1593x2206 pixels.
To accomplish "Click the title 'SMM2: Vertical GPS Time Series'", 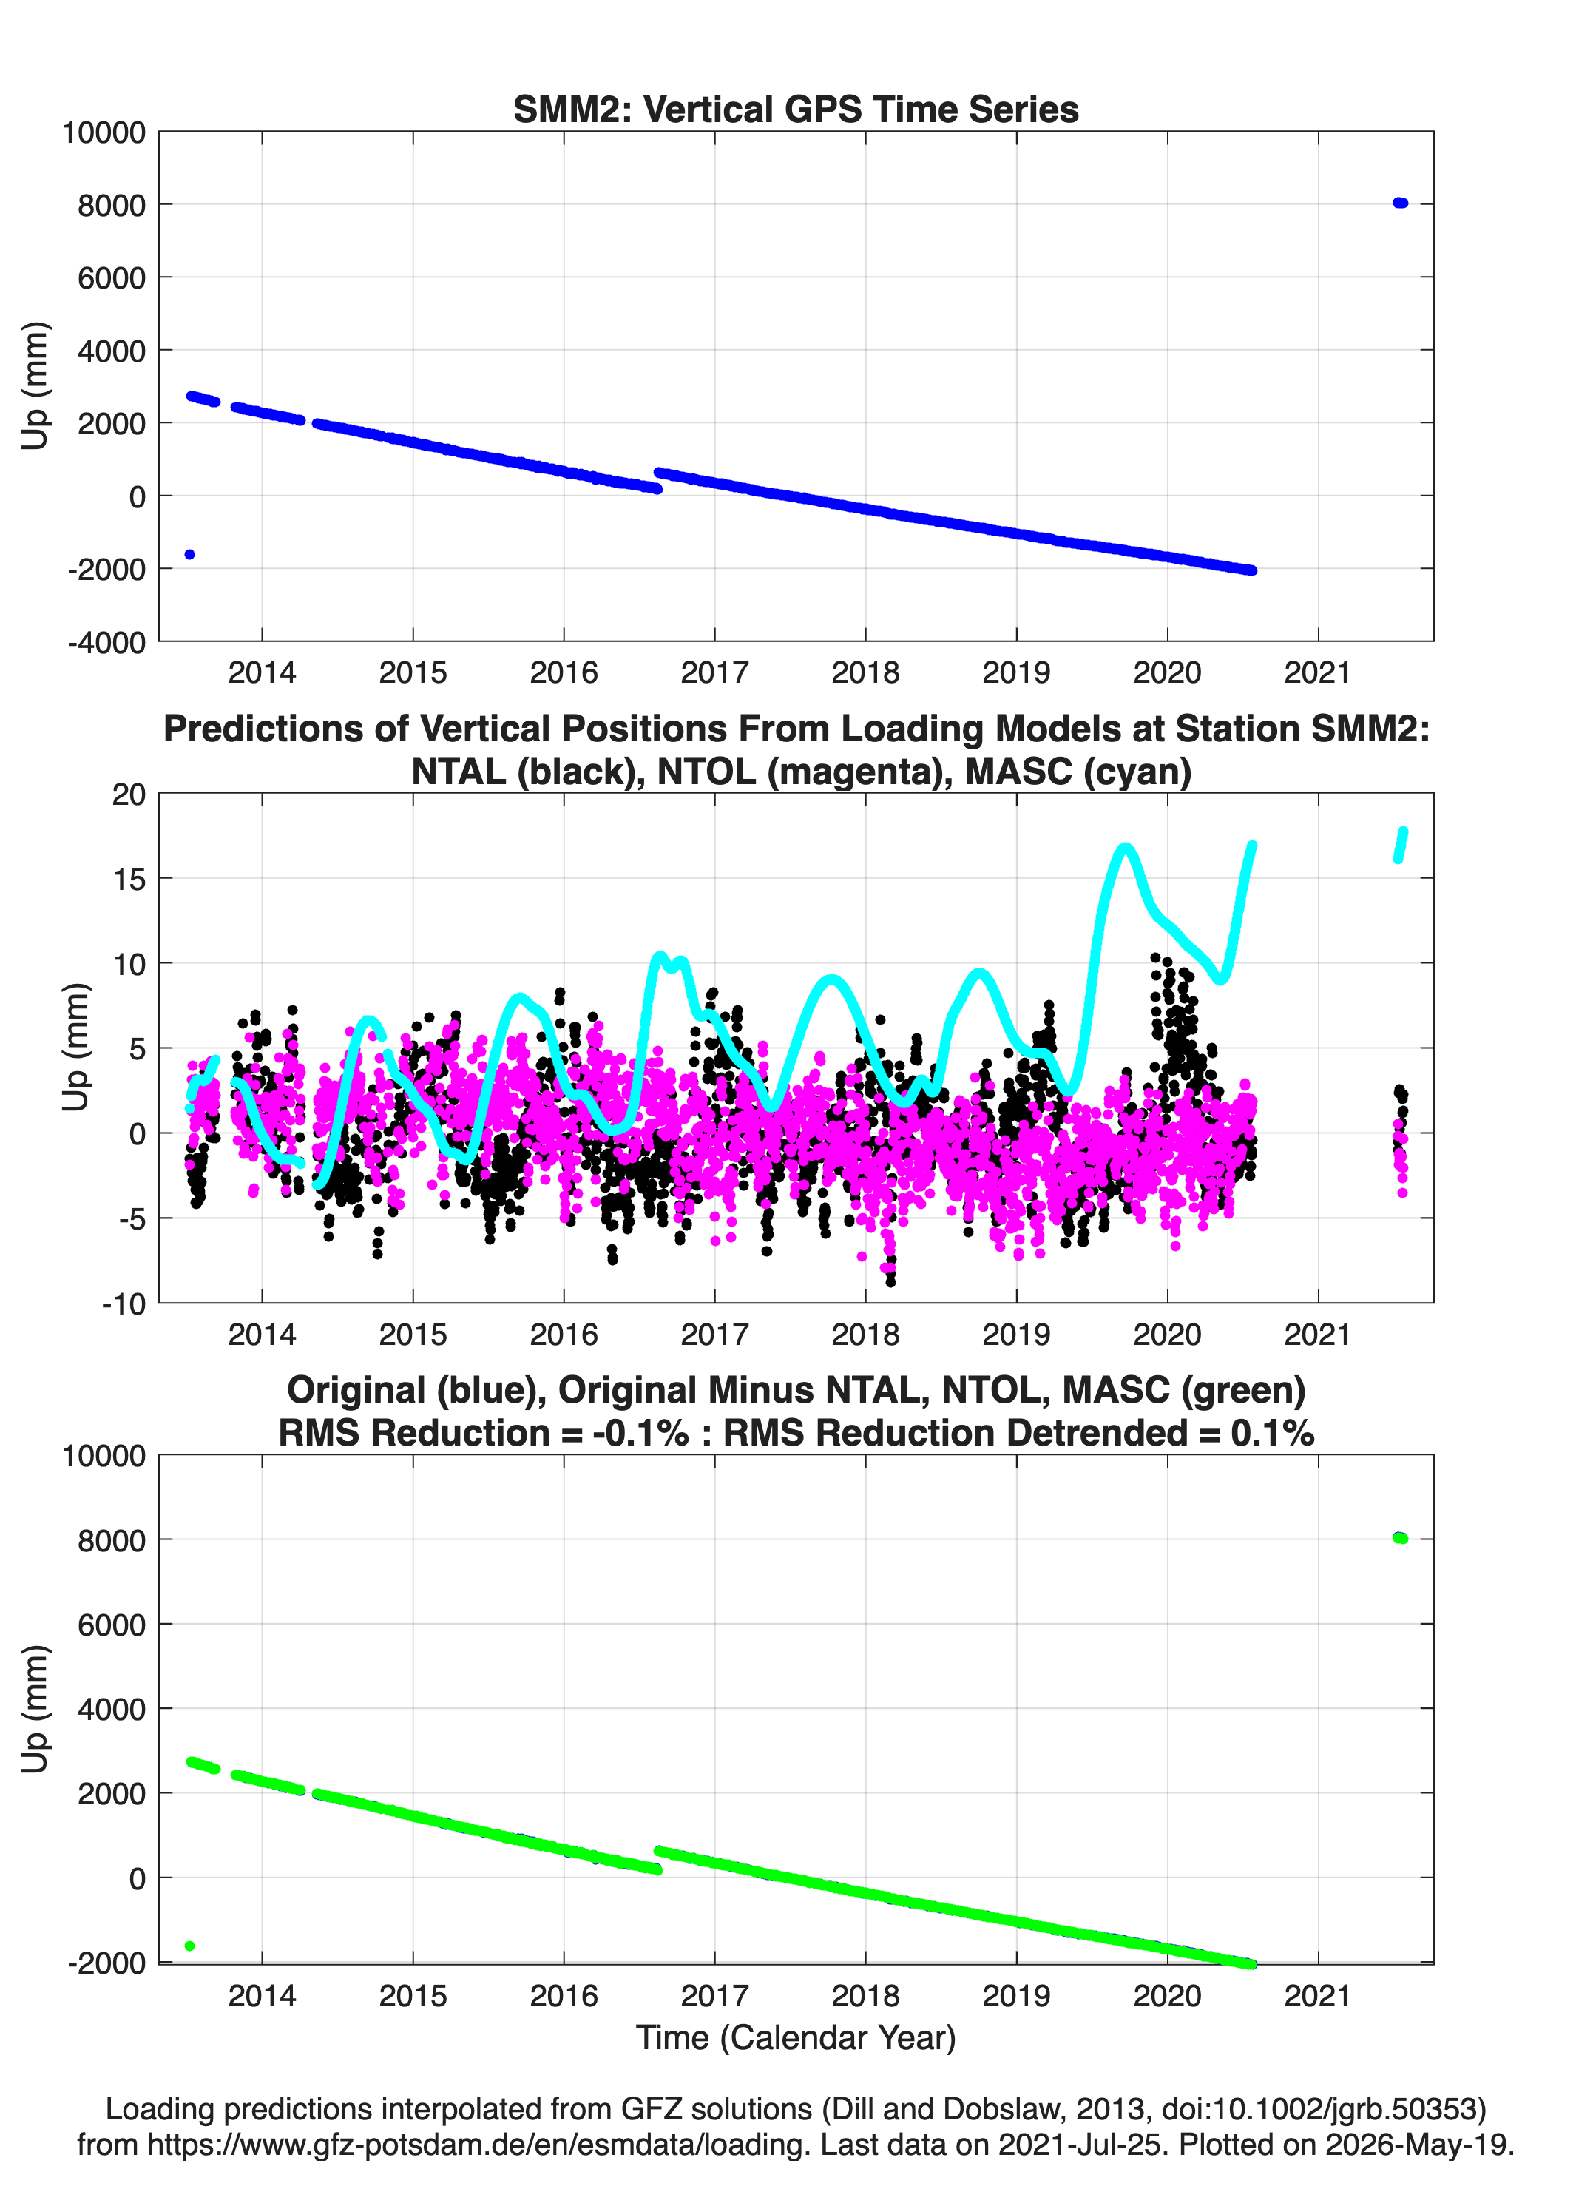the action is (796, 109).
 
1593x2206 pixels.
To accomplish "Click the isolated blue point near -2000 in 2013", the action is (189, 554).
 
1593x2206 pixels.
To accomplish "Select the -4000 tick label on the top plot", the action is (107, 642).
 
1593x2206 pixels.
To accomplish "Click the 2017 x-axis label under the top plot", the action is (715, 672).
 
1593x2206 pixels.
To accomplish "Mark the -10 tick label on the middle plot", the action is (124, 1303).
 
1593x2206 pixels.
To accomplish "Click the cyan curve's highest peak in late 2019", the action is (1125, 847).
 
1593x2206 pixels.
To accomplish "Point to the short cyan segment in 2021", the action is (1401, 844).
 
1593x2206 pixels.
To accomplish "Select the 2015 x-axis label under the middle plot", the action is (413, 1335).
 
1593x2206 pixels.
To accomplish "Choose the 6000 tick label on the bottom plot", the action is (112, 1625).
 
